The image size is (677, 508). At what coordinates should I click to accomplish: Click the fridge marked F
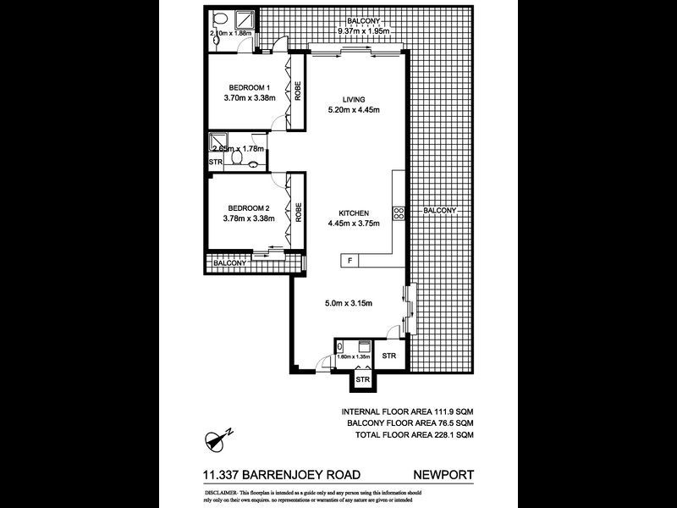coord(350,261)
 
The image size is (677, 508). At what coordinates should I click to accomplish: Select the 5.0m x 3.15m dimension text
coord(350,304)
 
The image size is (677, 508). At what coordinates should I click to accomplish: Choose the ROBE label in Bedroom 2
coord(298,212)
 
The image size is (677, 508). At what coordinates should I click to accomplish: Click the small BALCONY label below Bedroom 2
coord(229,263)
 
